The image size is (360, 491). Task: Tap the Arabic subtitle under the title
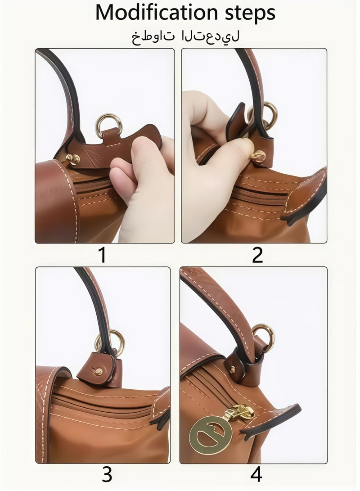(185, 36)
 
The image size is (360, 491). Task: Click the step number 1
(103, 256)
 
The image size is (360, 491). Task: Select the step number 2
(257, 256)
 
